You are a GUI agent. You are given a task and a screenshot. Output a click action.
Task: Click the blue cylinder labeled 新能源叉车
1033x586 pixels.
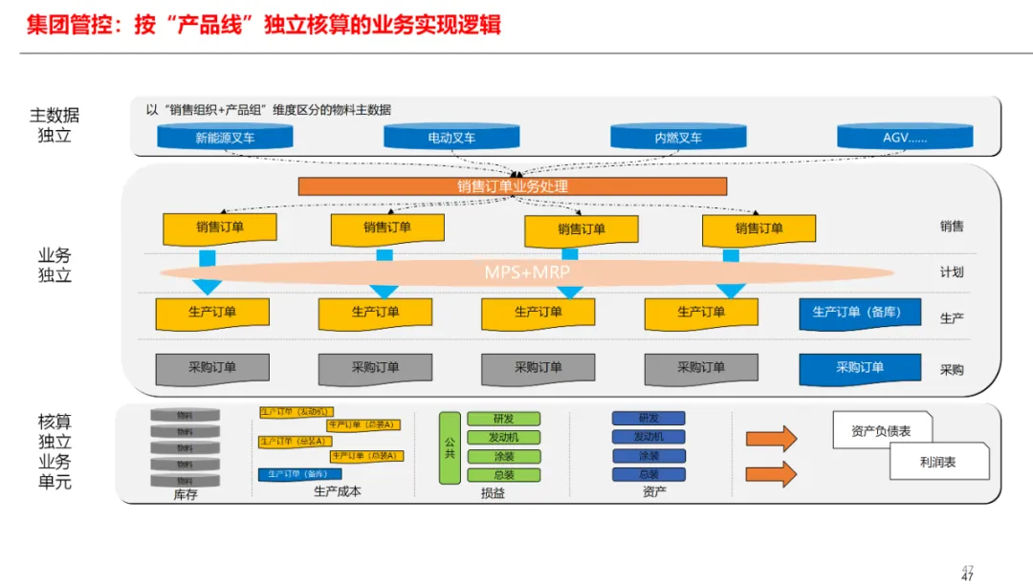tap(225, 138)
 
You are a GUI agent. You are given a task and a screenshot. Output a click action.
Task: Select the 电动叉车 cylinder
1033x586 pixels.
tap(451, 138)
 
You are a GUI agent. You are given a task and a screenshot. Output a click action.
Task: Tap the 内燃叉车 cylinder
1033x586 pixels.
tap(678, 138)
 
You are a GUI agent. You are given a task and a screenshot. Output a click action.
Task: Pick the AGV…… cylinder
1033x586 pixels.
tap(905, 138)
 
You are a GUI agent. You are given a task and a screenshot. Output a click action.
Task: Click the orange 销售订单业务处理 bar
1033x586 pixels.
tap(513, 186)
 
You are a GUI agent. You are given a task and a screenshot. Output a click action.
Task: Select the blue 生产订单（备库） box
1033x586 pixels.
tap(860, 313)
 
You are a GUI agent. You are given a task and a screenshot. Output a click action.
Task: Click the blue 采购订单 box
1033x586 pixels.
tap(860, 368)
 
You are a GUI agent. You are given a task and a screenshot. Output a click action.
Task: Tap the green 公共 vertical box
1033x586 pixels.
tap(450, 446)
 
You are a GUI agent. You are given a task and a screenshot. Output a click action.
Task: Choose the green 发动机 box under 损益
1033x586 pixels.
tap(503, 437)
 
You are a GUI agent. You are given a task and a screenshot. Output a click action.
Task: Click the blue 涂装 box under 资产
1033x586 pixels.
tap(648, 456)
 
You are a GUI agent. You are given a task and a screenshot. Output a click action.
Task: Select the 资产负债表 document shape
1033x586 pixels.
tap(881, 431)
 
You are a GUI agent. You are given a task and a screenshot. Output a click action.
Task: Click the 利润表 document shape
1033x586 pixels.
tap(937, 462)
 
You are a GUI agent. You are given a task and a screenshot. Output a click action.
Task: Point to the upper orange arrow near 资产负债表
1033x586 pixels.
tap(771, 439)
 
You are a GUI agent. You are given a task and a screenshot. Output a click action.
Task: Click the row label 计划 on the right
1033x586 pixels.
tap(951, 272)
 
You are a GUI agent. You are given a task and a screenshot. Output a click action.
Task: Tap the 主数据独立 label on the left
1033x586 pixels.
tap(55, 125)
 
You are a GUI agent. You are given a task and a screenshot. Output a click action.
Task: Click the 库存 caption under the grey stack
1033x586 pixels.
tap(185, 494)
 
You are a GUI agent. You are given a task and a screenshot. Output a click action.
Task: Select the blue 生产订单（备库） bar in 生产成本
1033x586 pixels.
tap(299, 474)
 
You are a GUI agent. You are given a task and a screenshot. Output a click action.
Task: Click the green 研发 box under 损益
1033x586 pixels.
tap(503, 419)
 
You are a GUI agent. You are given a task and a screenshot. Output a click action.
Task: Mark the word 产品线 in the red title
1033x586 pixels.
tap(209, 24)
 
